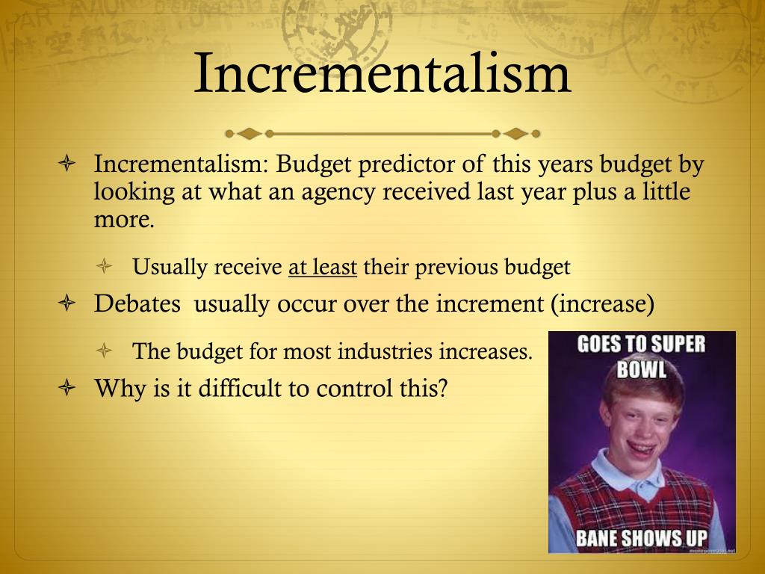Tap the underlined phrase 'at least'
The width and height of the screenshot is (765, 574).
pos(323,267)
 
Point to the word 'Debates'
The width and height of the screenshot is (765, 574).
pos(137,305)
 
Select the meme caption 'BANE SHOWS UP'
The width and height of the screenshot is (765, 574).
pos(642,538)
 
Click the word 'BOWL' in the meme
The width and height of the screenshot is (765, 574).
pos(642,369)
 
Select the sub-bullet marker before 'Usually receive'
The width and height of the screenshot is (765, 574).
pos(105,267)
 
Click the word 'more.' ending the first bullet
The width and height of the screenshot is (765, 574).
pos(124,220)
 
